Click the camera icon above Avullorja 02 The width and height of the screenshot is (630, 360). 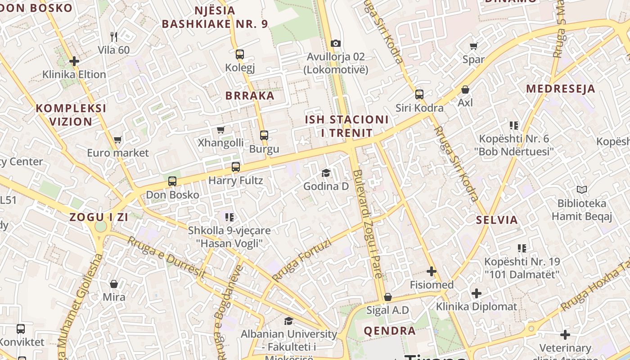(x=335, y=44)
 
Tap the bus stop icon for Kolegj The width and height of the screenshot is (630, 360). (x=240, y=54)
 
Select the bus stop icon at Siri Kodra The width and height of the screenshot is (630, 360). (x=419, y=94)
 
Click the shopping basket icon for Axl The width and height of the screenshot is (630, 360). (x=465, y=90)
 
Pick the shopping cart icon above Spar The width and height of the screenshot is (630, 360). (x=473, y=46)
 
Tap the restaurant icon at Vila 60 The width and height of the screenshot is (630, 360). (x=114, y=36)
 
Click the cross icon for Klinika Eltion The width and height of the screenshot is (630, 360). (x=74, y=61)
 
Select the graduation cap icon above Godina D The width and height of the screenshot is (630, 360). (x=326, y=173)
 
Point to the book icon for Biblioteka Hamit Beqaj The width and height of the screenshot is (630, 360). (x=582, y=190)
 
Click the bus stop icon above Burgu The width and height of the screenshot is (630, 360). (x=264, y=135)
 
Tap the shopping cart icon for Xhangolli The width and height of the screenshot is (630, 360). (x=220, y=130)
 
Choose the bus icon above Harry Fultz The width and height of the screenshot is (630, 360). (x=235, y=167)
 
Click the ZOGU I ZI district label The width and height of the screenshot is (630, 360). (x=99, y=217)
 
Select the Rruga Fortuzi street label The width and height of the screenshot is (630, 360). (x=301, y=261)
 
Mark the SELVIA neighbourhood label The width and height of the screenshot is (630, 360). (x=497, y=220)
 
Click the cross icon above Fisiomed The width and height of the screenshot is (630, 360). (x=432, y=271)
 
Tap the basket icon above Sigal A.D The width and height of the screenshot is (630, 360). (x=387, y=297)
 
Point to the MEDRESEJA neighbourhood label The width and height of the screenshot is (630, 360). (x=561, y=89)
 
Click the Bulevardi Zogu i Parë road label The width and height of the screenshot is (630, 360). (x=368, y=229)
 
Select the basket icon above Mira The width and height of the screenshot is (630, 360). (x=114, y=284)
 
